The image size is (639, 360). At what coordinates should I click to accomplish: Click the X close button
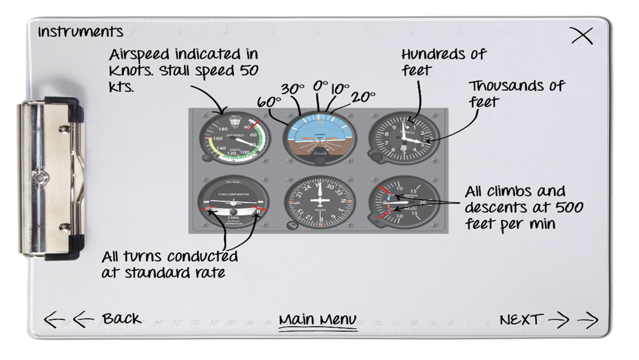coord(581,36)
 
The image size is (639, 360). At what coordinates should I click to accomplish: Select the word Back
coord(121,318)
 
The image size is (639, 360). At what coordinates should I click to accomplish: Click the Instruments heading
coord(81,31)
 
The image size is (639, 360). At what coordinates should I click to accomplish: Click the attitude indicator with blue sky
coord(318,137)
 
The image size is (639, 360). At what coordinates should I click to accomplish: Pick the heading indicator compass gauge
coord(318,203)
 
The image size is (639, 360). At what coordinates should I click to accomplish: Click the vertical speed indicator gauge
coord(403,203)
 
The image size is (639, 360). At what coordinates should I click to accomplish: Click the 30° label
coord(292,90)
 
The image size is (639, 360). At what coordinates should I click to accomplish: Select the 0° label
coord(319,86)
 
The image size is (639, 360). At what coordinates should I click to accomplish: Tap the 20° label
coord(363,97)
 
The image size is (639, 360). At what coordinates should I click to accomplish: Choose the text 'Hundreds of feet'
coord(443,61)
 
